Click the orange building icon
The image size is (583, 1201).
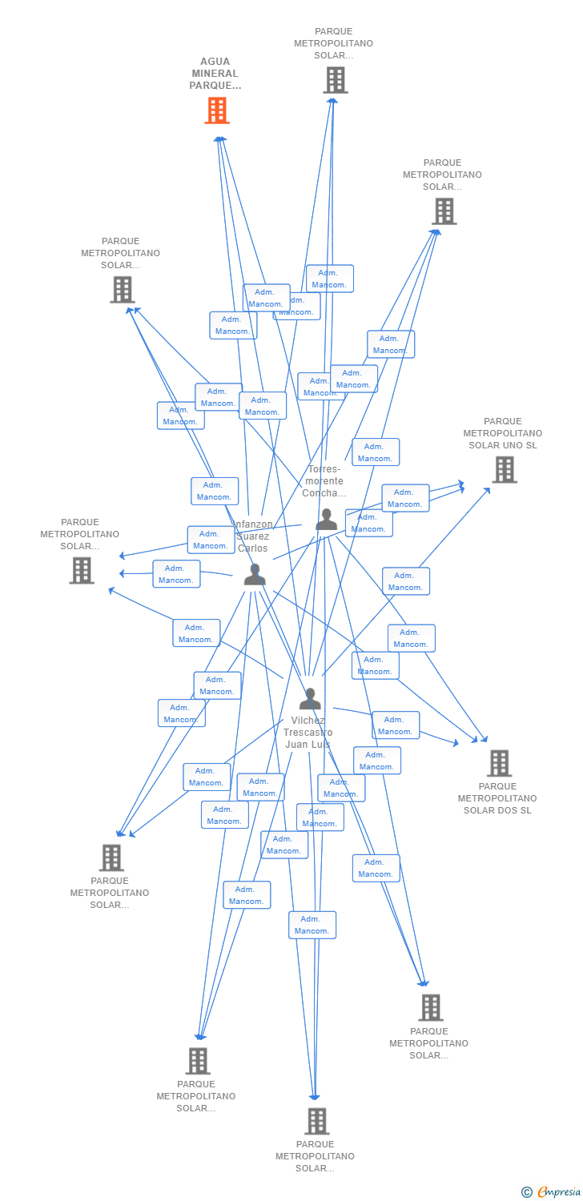pos(217,110)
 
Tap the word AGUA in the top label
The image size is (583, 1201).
pos(215,62)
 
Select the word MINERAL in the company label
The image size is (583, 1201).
pos(215,74)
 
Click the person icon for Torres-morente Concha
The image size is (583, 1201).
pos(326,520)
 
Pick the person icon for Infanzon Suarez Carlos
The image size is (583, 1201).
pos(255,574)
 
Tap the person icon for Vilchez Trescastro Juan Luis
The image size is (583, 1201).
pos(310,699)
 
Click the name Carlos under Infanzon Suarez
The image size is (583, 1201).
pos(253,548)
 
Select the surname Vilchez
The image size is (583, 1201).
pos(308,721)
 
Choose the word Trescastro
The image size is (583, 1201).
pos(308,733)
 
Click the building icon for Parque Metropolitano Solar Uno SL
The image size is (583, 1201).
pos(504,469)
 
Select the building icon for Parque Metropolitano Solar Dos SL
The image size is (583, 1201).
pos(499,763)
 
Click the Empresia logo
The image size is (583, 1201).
pos(559,1192)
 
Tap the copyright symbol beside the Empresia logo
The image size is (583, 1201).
pos(527,1192)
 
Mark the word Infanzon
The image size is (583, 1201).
pos(254,524)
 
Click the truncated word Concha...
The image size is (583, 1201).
pos(324,493)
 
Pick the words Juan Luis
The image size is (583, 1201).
pos(308,745)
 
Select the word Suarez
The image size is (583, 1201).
pos(253,536)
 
